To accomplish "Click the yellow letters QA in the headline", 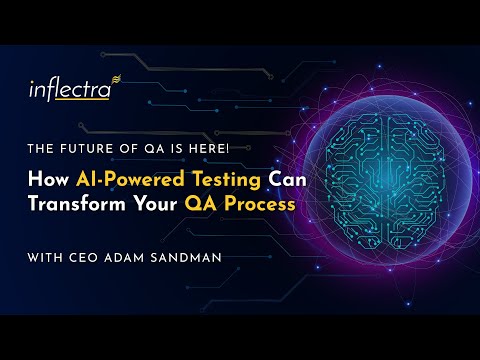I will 215,203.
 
